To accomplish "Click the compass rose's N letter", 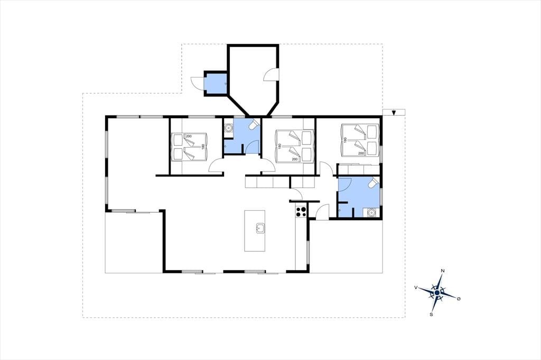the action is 442,271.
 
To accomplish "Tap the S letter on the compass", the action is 431,315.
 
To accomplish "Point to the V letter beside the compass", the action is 416,287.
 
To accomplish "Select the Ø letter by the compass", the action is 459,299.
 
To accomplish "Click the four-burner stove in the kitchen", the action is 301,211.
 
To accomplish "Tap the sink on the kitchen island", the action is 260,228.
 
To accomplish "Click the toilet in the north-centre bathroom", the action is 254,125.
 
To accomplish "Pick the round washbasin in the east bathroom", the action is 371,213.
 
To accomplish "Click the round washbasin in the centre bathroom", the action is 228,128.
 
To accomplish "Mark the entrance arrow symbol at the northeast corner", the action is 394,112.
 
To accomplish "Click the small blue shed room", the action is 216,83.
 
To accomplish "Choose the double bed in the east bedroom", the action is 360,140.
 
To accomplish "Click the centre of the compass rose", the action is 437,292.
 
